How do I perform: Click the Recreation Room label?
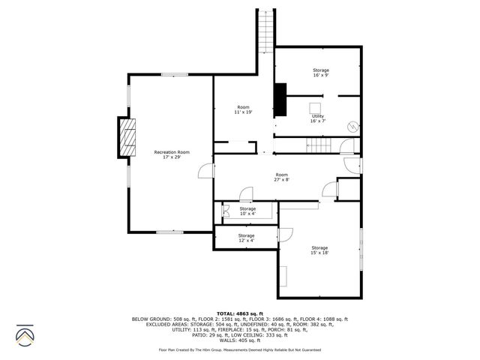click(x=171, y=154)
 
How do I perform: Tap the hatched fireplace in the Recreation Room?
click(x=129, y=137)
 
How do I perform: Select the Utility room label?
click(x=318, y=118)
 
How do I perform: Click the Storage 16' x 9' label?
click(x=321, y=73)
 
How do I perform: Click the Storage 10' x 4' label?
click(x=247, y=211)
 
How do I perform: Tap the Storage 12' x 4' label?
click(x=247, y=238)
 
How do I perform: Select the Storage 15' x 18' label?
click(x=320, y=250)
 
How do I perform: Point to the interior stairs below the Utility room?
click(x=321, y=145)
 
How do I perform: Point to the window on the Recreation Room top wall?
click(x=174, y=74)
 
